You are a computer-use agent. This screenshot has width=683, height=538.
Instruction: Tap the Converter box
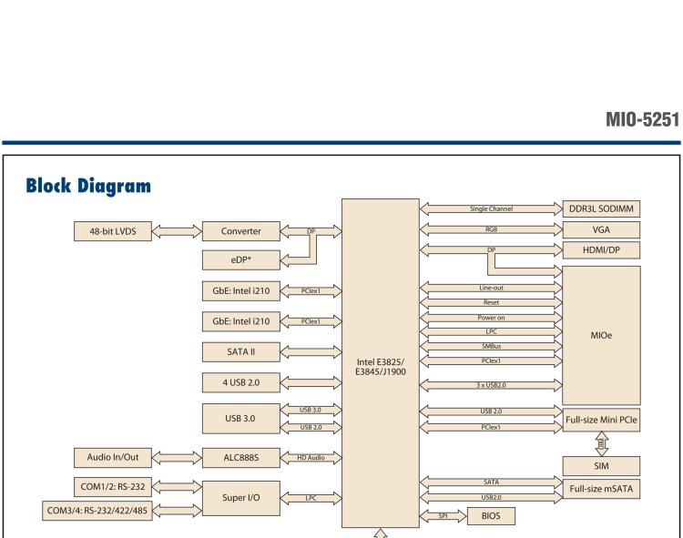237,231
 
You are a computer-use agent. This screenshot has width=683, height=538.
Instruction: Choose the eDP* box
237,260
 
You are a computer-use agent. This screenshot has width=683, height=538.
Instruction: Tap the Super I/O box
237,498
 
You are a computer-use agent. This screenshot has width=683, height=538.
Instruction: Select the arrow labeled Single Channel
491,209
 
